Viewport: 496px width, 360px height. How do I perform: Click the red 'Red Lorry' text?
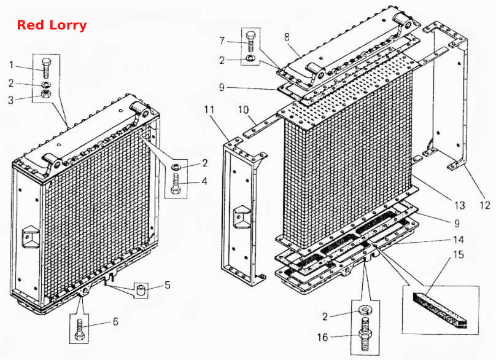point(52,25)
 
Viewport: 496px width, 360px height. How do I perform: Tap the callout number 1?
point(12,65)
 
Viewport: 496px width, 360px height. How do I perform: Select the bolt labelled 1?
point(47,68)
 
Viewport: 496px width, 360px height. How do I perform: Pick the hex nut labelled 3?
point(46,94)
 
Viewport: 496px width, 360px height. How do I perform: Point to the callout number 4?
point(204,181)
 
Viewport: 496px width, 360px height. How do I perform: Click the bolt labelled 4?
point(176,184)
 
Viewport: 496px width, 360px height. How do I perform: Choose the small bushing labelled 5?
point(141,289)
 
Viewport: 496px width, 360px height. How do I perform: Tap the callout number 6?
point(115,322)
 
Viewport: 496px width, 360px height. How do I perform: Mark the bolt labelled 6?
point(79,329)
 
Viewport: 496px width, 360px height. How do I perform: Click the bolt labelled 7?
point(251,42)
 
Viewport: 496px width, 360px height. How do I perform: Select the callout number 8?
point(287,37)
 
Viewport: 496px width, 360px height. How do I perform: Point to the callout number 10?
point(243,110)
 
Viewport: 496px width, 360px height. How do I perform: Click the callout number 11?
point(209,110)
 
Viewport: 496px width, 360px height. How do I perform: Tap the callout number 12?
point(484,205)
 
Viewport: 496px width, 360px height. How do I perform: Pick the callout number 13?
point(459,205)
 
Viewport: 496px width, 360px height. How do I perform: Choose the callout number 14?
point(458,240)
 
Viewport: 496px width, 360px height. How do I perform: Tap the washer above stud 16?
point(365,309)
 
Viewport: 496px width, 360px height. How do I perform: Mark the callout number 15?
point(459,254)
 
